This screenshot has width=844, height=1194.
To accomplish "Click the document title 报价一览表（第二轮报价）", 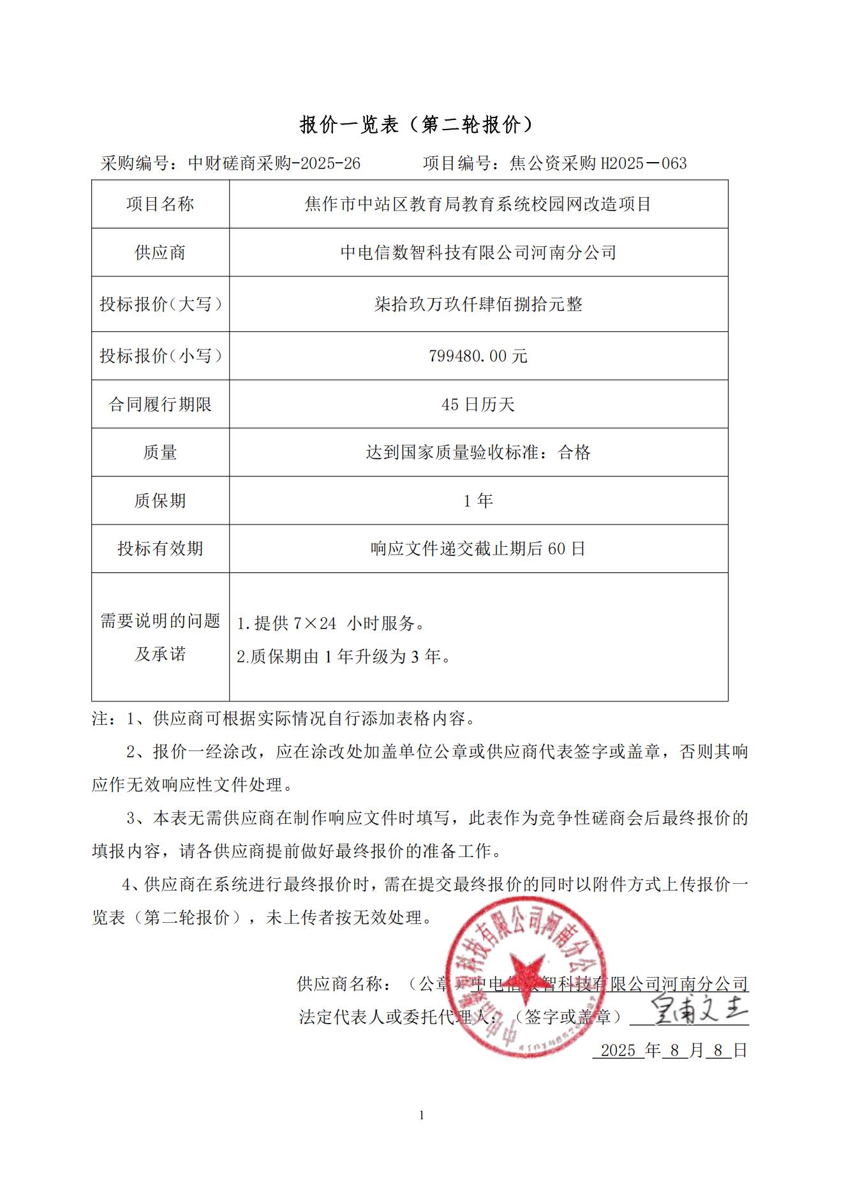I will click(x=417, y=124).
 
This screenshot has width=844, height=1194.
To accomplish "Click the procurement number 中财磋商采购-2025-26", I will click(x=274, y=163).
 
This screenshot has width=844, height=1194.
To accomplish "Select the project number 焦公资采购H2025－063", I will click(x=598, y=163).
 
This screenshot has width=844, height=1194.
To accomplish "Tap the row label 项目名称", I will click(x=160, y=204).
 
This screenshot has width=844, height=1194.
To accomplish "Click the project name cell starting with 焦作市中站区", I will click(x=478, y=204).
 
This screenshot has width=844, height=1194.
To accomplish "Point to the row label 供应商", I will click(x=160, y=253).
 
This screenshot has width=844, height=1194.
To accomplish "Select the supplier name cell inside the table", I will click(x=478, y=253).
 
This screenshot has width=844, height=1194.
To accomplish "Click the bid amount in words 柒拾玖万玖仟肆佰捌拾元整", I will click(x=478, y=304).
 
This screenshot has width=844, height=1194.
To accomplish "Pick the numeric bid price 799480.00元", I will click(x=478, y=356).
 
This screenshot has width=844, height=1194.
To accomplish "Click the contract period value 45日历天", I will click(x=478, y=405).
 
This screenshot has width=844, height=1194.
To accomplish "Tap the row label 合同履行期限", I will click(x=160, y=405).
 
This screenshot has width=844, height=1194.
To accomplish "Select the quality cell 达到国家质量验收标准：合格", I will click(x=478, y=452).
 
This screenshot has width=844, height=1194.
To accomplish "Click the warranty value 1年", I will click(x=478, y=501).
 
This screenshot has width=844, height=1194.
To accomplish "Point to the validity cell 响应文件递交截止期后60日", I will click(x=478, y=549).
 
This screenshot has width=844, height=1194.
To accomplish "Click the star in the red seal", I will click(x=526, y=974).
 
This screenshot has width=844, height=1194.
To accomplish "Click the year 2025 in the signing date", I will click(x=618, y=1050).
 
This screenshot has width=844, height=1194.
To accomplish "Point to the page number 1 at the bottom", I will click(x=422, y=1115).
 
